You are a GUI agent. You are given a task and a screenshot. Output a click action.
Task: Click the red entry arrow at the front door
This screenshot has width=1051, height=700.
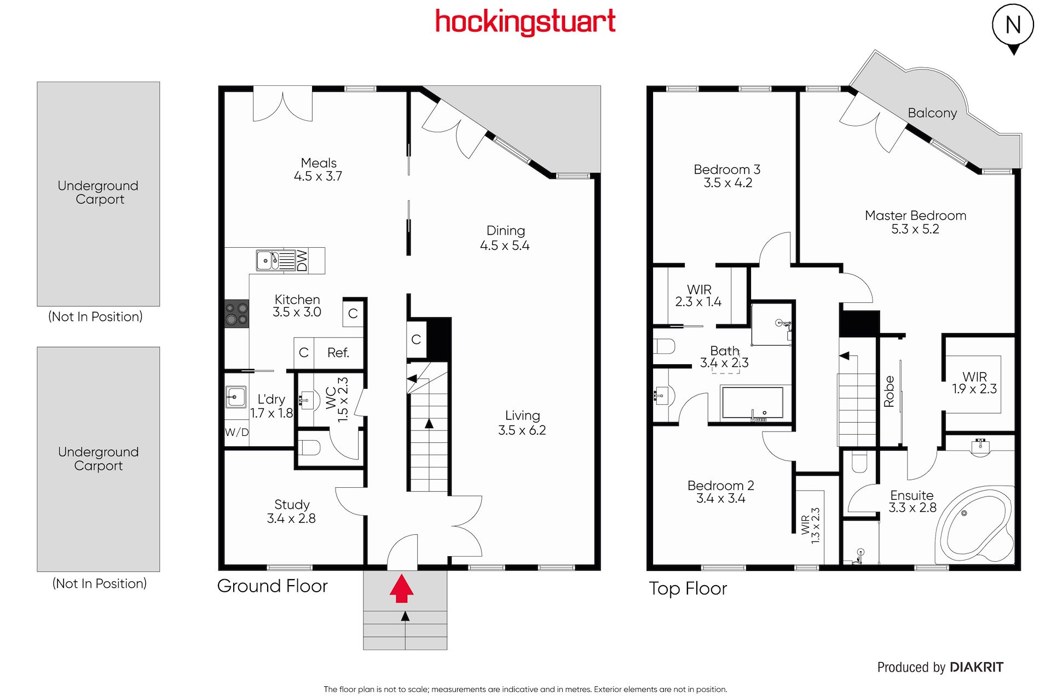point(402,588)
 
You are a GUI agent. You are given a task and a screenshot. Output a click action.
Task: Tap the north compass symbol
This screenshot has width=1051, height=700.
point(1013,27)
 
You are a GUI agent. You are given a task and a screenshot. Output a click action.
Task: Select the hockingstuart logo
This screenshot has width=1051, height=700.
point(525,22)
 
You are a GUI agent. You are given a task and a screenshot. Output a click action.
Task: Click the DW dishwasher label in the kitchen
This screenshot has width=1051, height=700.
point(302,261)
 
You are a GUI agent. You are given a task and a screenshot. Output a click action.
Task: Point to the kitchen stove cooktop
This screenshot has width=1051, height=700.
point(236,314)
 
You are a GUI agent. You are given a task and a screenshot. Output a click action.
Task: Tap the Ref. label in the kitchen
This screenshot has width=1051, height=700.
point(338,353)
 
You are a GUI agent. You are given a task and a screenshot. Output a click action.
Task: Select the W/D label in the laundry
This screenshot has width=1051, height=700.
point(236,432)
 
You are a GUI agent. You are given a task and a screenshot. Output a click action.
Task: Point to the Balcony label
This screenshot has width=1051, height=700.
point(932,113)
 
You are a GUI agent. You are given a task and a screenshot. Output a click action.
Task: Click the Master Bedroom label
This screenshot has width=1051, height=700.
point(915,215)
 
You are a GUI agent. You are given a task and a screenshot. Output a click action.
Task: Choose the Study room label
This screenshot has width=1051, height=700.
point(292,504)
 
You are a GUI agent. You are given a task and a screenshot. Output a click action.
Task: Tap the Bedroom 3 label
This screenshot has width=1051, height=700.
point(727,170)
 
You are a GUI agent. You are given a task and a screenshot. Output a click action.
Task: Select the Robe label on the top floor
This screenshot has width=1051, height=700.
point(889,391)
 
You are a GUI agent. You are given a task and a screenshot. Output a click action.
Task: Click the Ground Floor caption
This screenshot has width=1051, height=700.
point(272,586)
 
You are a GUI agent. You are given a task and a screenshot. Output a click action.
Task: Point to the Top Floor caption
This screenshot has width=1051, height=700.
point(688,589)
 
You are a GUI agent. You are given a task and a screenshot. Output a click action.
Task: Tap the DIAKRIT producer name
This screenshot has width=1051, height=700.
point(977,667)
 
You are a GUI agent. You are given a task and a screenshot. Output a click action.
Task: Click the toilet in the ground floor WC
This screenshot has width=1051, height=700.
point(309,448)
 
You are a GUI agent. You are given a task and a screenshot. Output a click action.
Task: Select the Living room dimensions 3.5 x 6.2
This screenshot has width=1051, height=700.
point(522,430)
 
